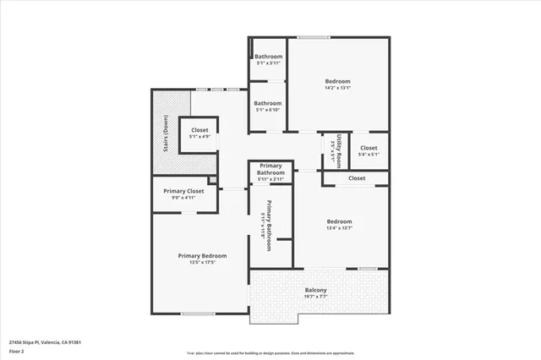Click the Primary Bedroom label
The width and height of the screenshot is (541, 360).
click(202, 255)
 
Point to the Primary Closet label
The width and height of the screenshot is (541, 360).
click(183, 191)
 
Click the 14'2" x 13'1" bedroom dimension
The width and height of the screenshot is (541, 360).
click(337, 87)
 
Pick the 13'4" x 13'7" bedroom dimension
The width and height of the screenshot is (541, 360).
click(339, 227)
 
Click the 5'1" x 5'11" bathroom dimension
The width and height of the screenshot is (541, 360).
click(269, 63)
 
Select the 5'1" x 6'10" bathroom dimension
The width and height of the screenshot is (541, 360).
click(269, 110)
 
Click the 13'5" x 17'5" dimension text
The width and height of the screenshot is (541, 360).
click(202, 262)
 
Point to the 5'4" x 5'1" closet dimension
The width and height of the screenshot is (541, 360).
click(369, 155)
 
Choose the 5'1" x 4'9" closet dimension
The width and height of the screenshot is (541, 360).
click(199, 137)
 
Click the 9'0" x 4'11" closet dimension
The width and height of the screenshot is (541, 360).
click(183, 198)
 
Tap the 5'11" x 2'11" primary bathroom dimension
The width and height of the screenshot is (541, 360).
click(270, 179)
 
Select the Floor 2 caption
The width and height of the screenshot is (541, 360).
click(18, 349)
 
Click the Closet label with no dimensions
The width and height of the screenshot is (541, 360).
click(357, 178)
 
